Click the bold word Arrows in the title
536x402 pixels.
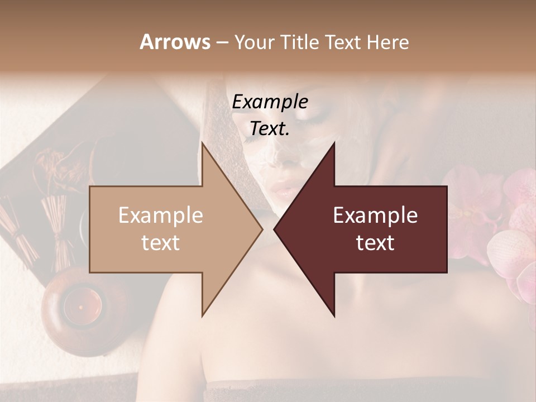point(175,42)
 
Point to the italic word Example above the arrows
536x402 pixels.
point(270,102)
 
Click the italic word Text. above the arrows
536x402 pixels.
point(270,128)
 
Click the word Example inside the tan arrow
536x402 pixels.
point(161,216)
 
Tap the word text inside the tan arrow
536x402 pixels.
point(161,242)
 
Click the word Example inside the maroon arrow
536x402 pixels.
point(375,216)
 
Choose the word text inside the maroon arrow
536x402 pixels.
point(375,242)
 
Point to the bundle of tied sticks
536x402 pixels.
point(56,229)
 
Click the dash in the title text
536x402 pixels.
point(221,42)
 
